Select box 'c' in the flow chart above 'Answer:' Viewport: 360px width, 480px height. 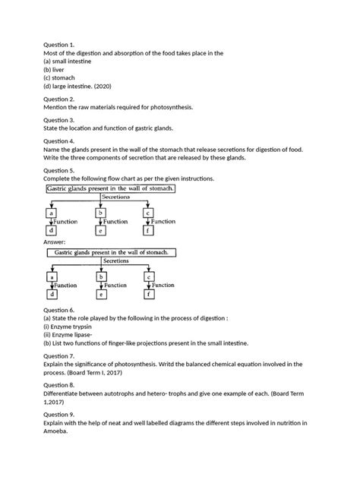tap(148, 213)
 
